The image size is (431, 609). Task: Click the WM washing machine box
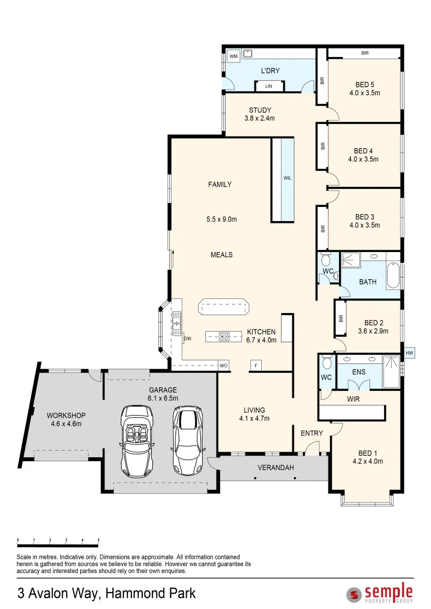234,56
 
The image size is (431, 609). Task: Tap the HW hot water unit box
409,353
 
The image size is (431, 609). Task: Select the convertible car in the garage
137,441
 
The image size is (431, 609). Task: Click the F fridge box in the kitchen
256,365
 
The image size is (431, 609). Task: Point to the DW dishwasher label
188,339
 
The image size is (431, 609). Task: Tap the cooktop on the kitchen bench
225,336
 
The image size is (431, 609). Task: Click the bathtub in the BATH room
393,275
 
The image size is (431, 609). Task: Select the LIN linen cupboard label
269,86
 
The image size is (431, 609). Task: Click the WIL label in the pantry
287,178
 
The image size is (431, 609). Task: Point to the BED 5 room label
364,85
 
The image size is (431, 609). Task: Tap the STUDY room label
260,111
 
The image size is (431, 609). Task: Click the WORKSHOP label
66,416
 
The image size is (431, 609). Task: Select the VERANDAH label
276,467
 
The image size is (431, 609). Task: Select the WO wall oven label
223,366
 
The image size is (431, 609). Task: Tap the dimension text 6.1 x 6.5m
163,399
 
